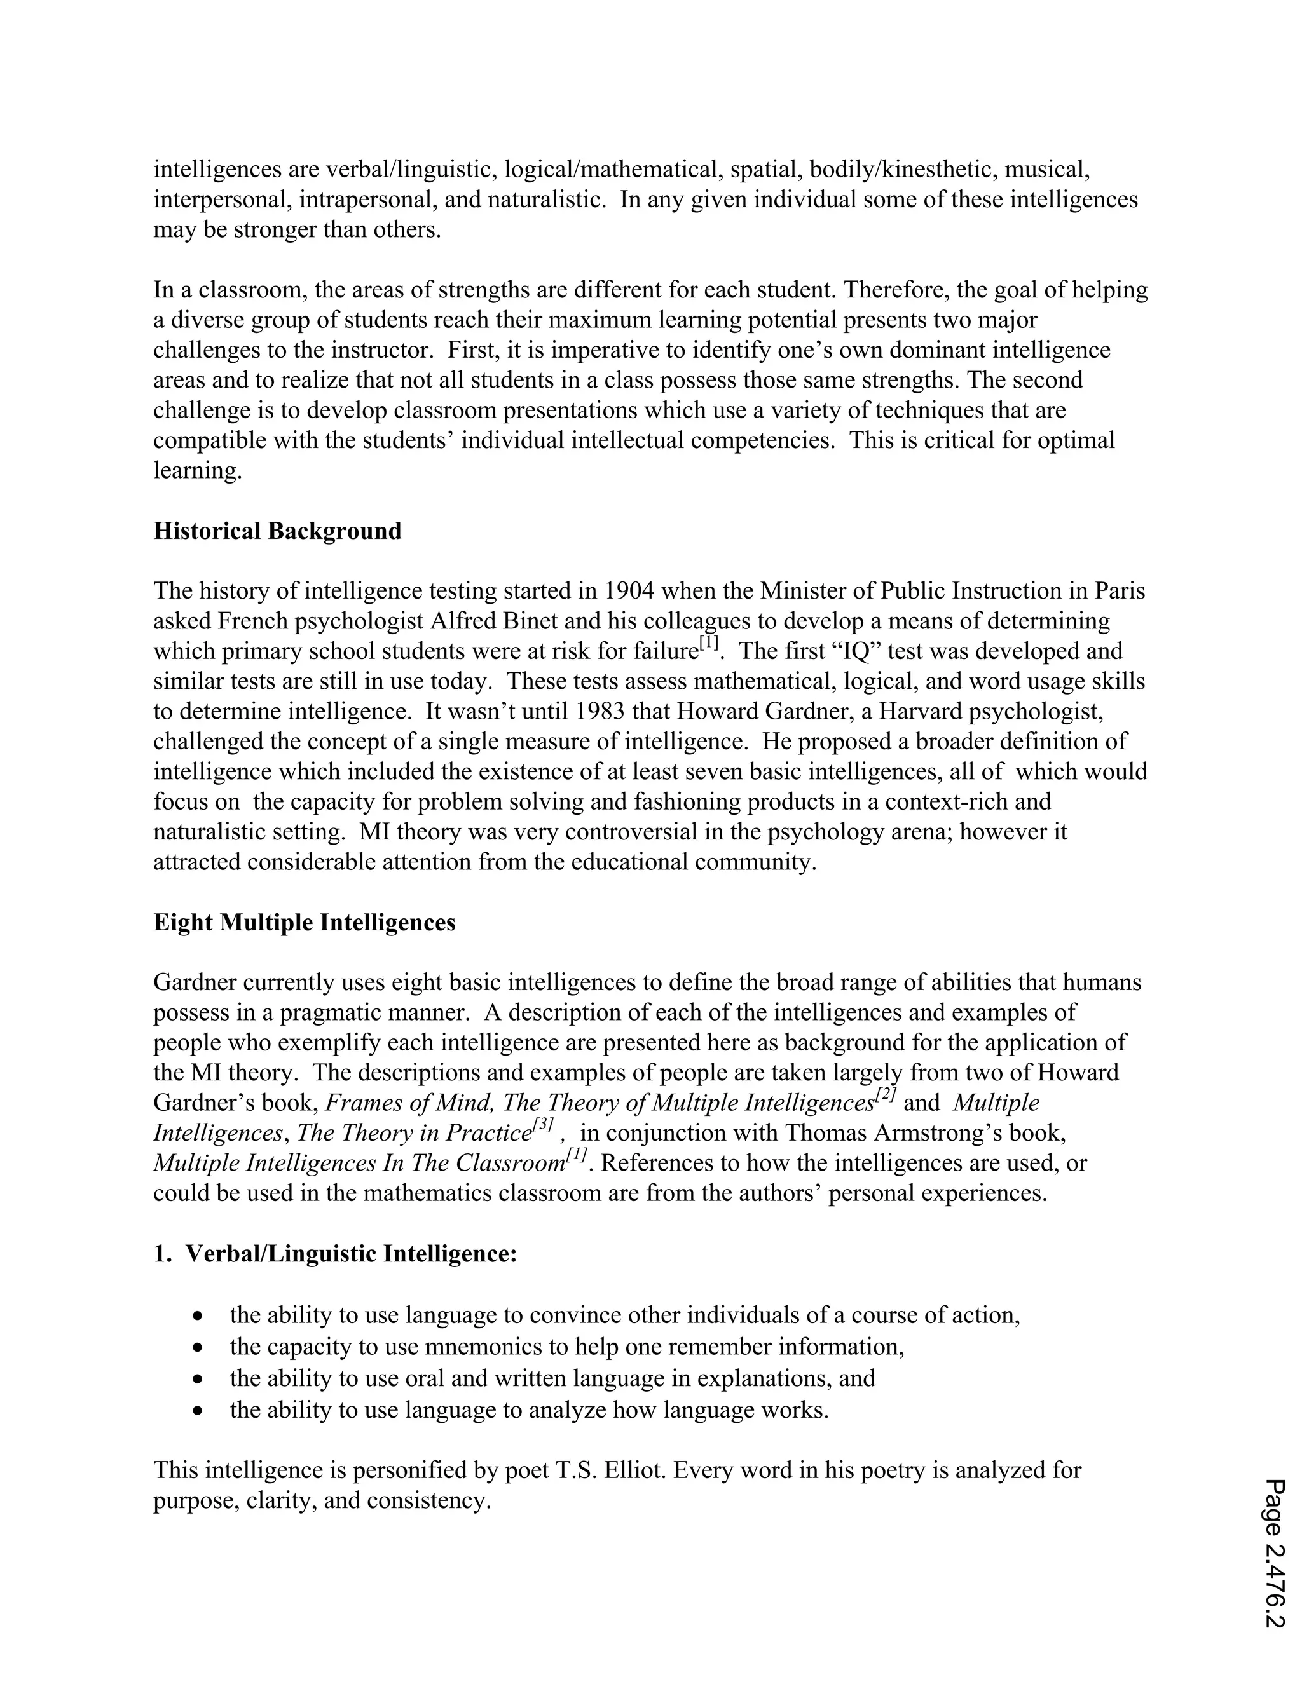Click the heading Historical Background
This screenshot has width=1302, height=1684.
point(277,531)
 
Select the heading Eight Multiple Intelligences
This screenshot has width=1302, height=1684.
point(304,923)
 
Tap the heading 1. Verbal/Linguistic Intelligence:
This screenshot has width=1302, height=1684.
point(335,1254)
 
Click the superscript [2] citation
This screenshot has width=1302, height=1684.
point(885,1096)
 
